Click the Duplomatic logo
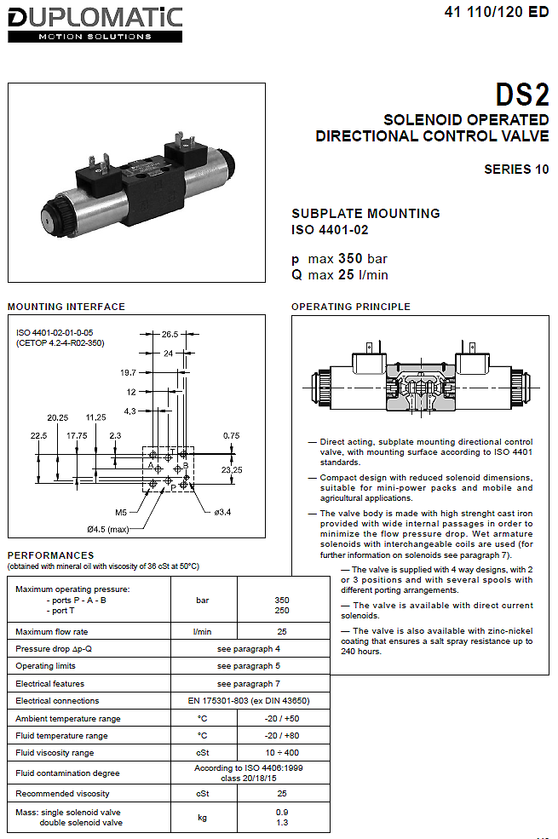coord(95,25)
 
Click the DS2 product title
coord(521,95)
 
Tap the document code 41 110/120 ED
coord(497,12)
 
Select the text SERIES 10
coord(516,170)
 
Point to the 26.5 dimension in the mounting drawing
coord(170,335)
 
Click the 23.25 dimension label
coord(232,470)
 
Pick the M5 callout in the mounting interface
coord(121,512)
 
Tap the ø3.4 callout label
coord(222,512)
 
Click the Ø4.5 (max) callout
coord(108,529)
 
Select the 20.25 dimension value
coord(58,417)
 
